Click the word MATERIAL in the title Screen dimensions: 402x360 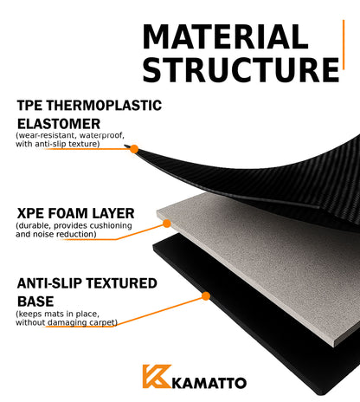[x=225, y=36]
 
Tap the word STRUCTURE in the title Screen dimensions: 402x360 [x=241, y=69]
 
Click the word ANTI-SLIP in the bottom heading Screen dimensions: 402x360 [x=51, y=283]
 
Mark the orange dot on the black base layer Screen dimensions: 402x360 [x=206, y=296]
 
